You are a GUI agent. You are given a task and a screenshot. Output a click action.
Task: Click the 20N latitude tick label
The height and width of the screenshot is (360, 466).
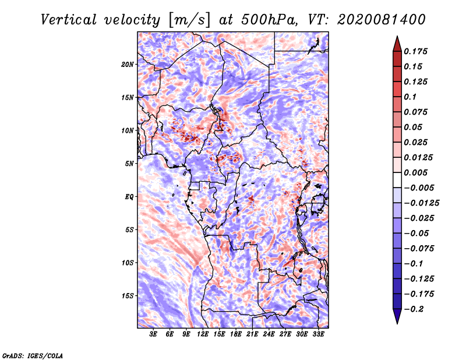[128, 65]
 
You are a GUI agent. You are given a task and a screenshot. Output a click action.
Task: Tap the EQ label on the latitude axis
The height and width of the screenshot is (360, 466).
[129, 197]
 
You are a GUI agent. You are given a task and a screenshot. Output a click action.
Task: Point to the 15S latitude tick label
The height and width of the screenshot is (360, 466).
[128, 296]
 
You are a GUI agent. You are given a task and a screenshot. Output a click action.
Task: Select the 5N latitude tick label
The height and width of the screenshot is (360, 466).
[129, 164]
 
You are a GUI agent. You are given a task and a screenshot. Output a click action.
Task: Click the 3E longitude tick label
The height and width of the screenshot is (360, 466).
[153, 334]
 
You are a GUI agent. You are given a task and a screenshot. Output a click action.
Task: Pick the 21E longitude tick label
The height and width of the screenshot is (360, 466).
[252, 334]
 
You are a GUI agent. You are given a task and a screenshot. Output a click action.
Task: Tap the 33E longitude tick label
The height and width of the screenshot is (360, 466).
[318, 334]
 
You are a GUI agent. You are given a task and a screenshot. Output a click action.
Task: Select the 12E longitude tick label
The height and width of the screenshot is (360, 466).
[203, 334]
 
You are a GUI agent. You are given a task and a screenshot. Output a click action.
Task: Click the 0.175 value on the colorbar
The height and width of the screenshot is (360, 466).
[415, 51]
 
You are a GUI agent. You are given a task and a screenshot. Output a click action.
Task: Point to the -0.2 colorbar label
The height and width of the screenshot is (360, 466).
[414, 309]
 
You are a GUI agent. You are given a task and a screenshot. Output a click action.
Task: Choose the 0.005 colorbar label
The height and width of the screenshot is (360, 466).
[415, 172]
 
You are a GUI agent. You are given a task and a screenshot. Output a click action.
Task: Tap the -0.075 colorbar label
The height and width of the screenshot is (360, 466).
[419, 249]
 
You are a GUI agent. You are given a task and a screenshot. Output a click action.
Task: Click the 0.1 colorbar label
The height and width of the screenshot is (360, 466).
[410, 97]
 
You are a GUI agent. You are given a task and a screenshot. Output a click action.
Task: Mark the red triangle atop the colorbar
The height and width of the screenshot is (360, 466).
[397, 44]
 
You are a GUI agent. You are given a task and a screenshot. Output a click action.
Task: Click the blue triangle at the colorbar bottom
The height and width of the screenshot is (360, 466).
[397, 316]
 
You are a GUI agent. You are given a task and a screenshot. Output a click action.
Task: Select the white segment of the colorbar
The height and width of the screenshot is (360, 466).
[397, 180]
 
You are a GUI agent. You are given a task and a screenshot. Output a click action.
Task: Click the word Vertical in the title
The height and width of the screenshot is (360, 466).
[69, 20]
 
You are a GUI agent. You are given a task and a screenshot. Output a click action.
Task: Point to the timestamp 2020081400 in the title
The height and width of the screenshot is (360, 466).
[382, 20]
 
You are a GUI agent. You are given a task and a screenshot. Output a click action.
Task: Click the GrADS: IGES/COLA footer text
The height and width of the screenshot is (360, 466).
[33, 356]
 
